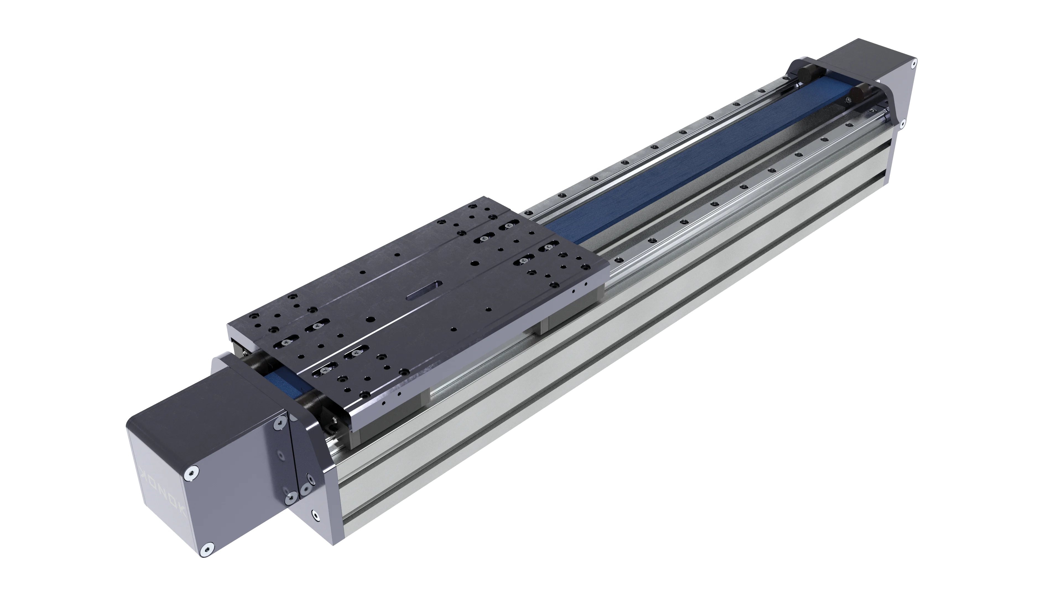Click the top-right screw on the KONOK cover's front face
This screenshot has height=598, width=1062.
281,421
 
